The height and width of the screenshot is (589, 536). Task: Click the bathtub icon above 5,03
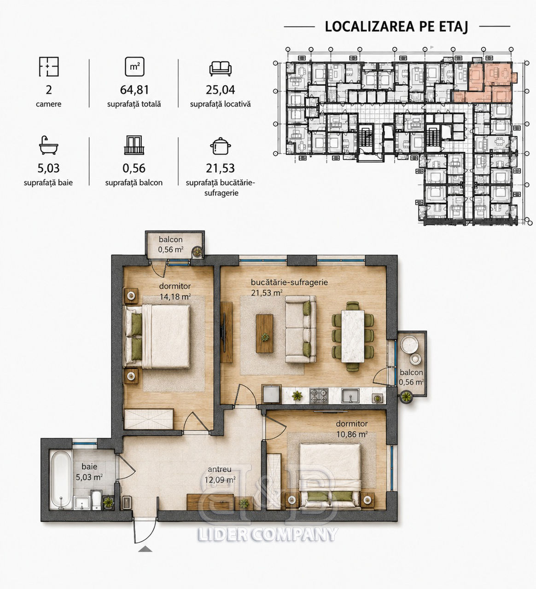(x=48, y=145)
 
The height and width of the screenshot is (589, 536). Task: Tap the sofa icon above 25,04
(x=221, y=69)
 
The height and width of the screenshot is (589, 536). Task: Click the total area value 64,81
(x=134, y=90)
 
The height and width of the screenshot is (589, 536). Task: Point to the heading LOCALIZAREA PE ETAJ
(x=396, y=26)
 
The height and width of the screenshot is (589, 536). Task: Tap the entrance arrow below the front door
(x=145, y=549)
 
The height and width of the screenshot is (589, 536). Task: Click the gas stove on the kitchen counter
(x=319, y=396)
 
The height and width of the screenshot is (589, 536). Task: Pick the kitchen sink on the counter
(x=350, y=396)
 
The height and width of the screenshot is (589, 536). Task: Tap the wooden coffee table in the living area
(x=264, y=334)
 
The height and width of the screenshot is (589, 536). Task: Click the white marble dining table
(x=353, y=336)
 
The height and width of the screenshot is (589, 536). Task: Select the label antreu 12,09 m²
(x=220, y=475)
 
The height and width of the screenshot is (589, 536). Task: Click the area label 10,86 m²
(x=352, y=434)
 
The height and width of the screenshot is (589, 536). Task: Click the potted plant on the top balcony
(x=197, y=251)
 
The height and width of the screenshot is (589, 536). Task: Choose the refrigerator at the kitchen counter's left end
(x=272, y=394)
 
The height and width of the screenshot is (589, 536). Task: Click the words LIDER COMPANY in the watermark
(x=268, y=534)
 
